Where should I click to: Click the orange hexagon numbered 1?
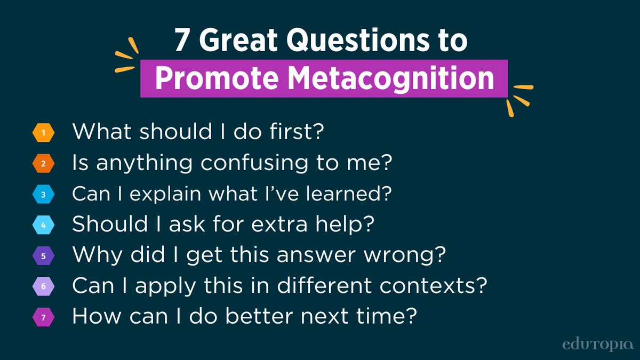(x=43, y=133)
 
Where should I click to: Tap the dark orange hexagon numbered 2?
(x=43, y=164)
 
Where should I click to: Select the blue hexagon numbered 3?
(x=43, y=195)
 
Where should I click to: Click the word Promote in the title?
(x=215, y=79)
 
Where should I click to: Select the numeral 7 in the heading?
(x=181, y=42)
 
